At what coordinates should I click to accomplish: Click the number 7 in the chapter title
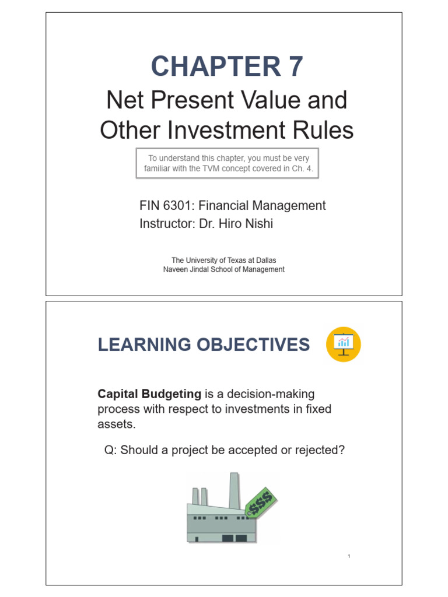click(293, 66)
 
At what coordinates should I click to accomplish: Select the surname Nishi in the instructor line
click(256, 223)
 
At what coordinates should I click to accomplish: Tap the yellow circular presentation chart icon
click(343, 344)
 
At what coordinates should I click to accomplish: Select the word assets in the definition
click(116, 424)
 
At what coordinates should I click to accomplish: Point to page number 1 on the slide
click(348, 557)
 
